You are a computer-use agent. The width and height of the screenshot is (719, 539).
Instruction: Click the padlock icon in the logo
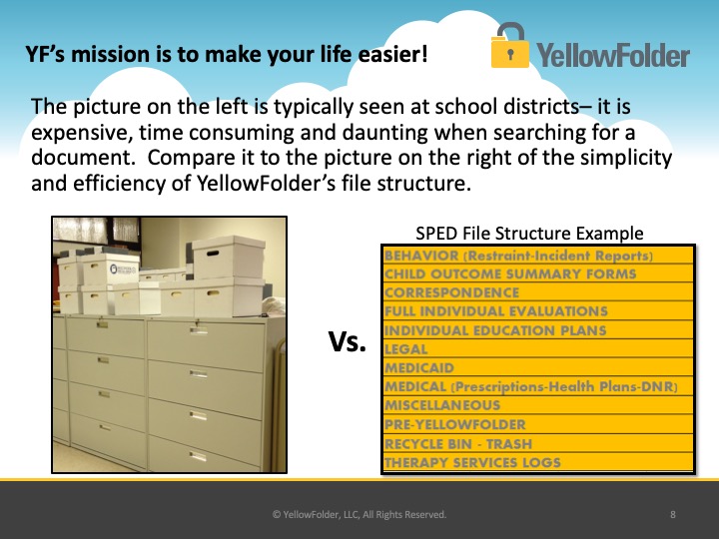[x=509, y=45]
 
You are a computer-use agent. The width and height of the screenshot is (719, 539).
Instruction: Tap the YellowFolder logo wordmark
[x=613, y=56]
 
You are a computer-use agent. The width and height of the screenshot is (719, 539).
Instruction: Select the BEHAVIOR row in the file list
[x=537, y=256]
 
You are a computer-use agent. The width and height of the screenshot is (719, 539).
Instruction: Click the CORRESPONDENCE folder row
[x=537, y=292]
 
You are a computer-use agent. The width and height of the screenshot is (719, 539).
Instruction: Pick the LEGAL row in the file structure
[x=537, y=349]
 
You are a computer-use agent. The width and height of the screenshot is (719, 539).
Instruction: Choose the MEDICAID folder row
[x=537, y=368]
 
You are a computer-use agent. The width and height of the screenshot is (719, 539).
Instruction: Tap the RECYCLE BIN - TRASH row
[x=537, y=443]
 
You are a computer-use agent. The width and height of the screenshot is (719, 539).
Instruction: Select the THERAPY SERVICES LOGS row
[x=537, y=462]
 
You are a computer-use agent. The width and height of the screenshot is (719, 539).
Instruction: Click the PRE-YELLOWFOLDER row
[x=537, y=424]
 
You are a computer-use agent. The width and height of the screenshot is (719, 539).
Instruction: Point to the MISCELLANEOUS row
[x=537, y=405]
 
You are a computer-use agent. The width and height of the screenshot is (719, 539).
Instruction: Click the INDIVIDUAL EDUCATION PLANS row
[x=537, y=330]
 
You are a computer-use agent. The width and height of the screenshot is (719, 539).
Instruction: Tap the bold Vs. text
[x=348, y=341]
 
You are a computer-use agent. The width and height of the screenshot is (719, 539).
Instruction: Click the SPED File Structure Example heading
[x=529, y=234]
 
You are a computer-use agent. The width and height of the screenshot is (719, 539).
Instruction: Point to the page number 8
[x=673, y=514]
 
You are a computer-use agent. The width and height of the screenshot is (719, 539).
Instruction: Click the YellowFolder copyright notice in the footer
[x=359, y=515]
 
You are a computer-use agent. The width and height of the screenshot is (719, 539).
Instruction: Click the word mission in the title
[x=112, y=54]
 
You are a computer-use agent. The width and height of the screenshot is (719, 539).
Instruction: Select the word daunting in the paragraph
[x=384, y=133]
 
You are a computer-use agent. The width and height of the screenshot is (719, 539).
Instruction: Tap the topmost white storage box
[x=228, y=257]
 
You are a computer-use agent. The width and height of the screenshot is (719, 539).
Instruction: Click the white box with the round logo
[x=112, y=269]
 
